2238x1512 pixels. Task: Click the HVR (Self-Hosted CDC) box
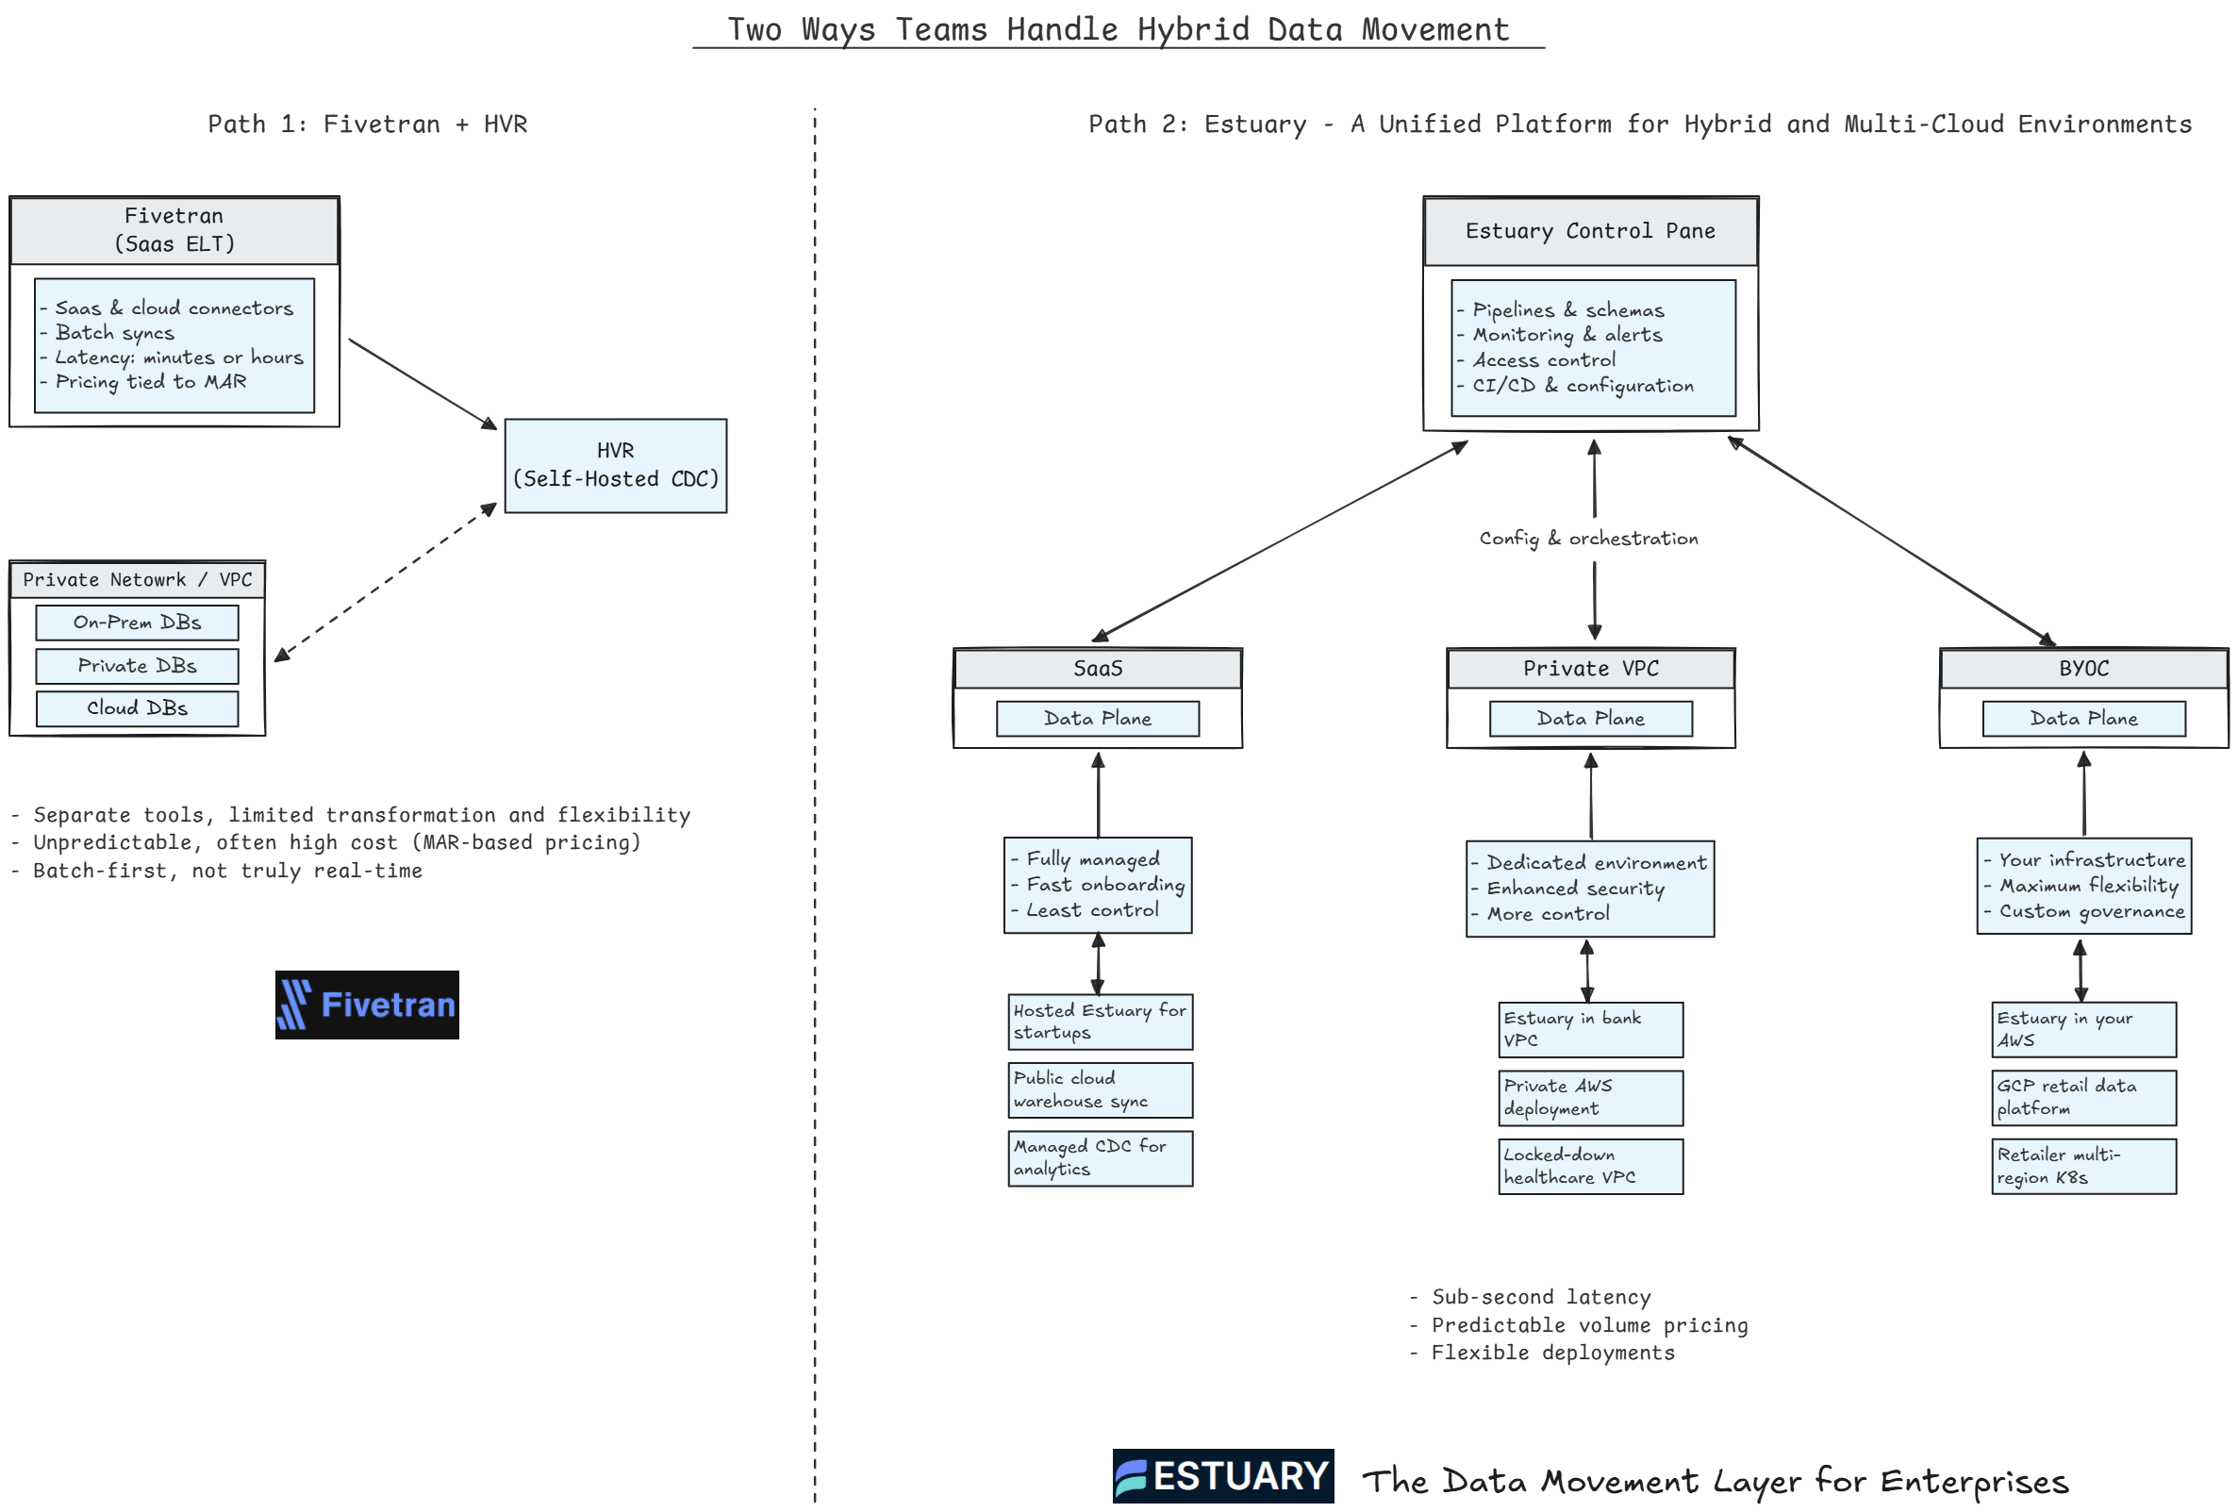615,465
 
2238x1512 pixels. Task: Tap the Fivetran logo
367,1005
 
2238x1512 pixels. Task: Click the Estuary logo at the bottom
1223,1475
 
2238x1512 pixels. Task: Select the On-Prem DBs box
137,623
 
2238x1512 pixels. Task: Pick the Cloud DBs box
137,707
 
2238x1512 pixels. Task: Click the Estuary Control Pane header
1590,231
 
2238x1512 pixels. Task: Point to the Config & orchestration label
1589,539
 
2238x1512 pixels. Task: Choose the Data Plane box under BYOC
2083,719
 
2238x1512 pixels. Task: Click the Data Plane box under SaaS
1097,719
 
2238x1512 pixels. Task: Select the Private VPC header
1590,669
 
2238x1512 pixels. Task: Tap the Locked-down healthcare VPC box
1590,1166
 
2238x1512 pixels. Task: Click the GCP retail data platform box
2083,1097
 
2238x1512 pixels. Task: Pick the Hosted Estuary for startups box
1100,1021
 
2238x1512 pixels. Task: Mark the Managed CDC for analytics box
1100,1157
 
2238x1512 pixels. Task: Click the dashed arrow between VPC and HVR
385,583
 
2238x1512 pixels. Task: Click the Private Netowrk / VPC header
137,580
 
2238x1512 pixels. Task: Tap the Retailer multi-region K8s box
2083,1166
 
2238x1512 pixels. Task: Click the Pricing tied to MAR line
151,382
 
